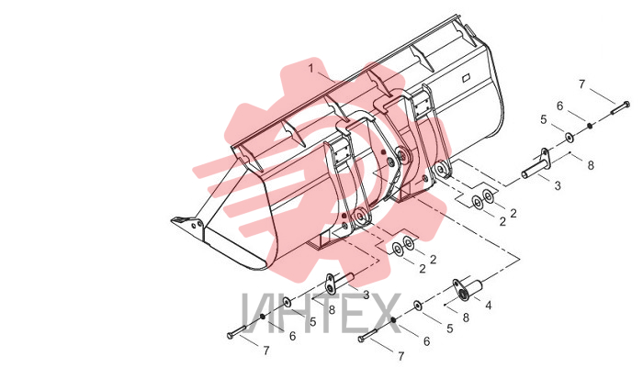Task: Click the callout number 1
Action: point(310,68)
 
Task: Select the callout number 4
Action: point(489,306)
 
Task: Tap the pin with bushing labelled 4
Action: point(467,288)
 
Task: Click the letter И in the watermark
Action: point(258,313)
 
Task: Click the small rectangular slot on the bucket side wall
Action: point(466,78)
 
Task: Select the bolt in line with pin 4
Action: point(368,336)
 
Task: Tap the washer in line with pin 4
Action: point(418,305)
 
